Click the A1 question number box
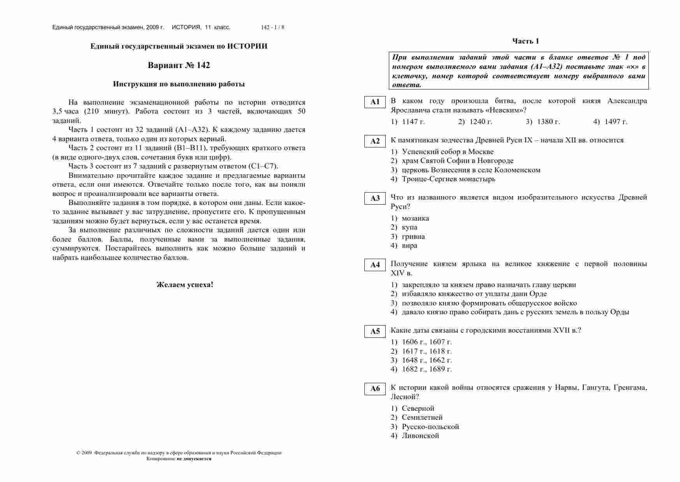coord(375,102)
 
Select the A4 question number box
coord(375,265)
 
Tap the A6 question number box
coord(375,389)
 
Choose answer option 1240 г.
coord(481,122)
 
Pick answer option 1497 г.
coord(616,122)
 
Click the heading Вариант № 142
coord(179,65)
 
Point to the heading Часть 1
coord(525,41)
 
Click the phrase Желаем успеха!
coord(185,285)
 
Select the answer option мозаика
coord(415,218)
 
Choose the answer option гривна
coord(413,237)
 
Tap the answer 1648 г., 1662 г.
coord(427,360)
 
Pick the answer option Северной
coord(418,408)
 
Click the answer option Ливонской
coord(420,436)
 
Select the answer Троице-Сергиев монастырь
coord(448,179)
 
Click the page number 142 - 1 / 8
coord(272,28)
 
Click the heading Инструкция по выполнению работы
coord(179,84)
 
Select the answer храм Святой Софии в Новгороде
coord(457,161)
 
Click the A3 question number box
coord(375,198)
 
